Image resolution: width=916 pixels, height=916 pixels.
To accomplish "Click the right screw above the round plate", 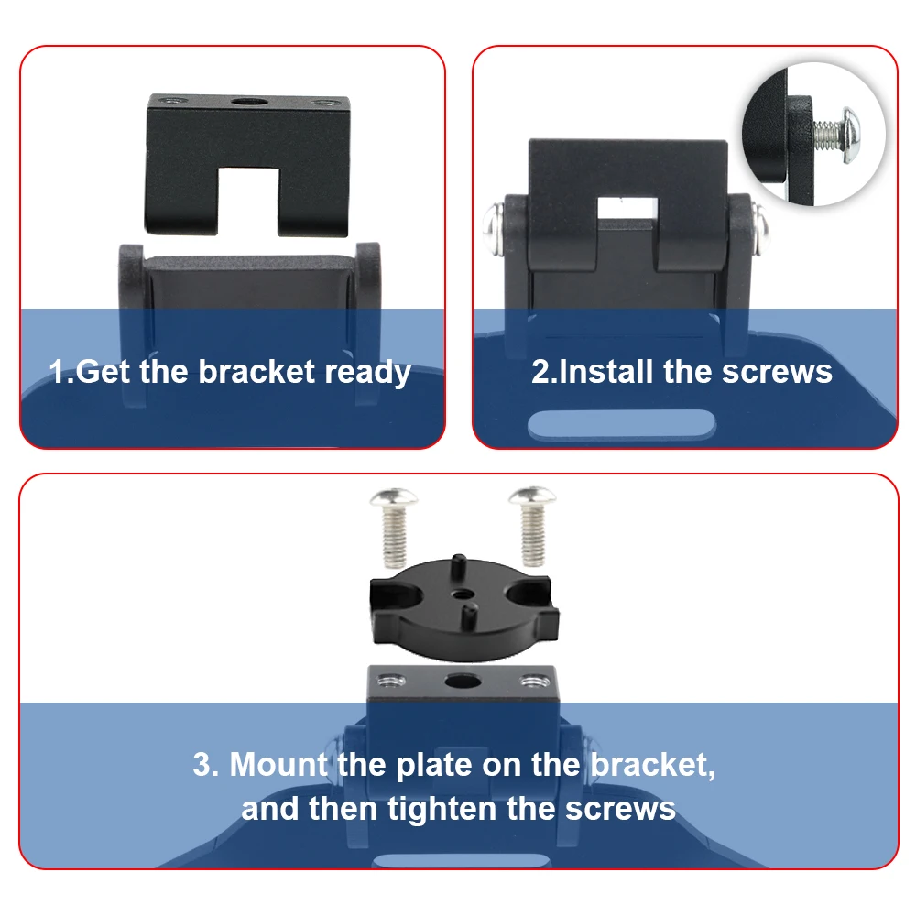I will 529,524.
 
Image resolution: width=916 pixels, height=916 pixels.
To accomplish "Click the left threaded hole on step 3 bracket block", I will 389,679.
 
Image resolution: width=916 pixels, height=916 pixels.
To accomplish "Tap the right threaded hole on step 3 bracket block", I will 529,681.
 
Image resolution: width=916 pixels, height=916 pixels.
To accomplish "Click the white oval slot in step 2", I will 623,423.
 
